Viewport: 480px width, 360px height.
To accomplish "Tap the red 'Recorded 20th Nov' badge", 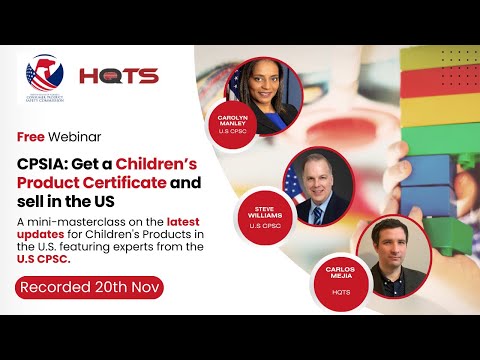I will tap(90, 287).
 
